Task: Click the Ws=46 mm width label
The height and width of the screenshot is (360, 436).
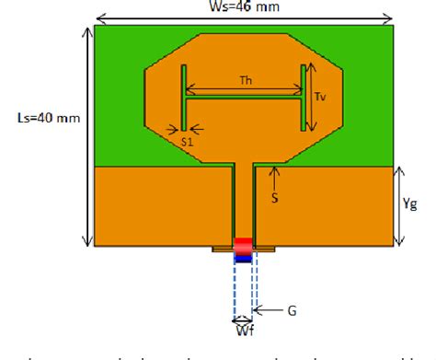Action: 245,8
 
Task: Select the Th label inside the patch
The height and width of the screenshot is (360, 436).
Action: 246,80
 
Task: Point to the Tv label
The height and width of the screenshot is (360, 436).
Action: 320,97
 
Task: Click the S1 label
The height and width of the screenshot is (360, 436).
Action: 187,141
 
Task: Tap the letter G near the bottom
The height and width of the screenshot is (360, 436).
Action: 292,311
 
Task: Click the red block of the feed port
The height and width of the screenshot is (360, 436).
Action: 244,246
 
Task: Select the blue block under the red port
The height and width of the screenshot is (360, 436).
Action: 244,258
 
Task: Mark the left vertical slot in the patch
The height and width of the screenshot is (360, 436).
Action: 184,98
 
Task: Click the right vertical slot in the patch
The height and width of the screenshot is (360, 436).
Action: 304,98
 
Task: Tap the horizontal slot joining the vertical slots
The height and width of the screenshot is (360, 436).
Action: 244,100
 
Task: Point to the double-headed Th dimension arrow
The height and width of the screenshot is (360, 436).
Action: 244,90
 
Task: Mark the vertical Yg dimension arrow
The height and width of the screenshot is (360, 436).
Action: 398,207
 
